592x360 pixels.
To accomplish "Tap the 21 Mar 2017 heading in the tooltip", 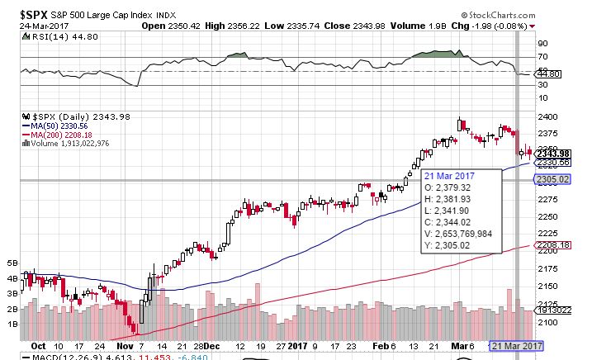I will pos(450,177).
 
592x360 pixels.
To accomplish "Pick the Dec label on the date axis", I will pos(211,348).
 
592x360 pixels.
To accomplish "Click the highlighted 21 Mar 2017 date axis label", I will pos(516,346).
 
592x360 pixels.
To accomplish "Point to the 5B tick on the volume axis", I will pos(12,263).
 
